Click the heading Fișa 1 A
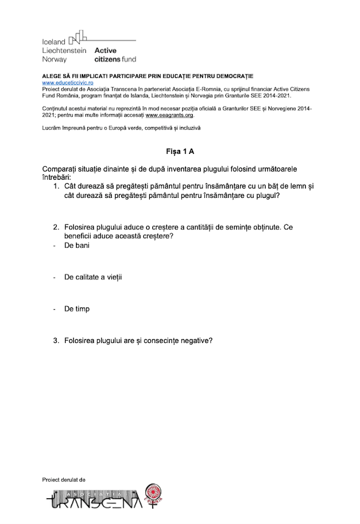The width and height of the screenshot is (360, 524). (x=180, y=151)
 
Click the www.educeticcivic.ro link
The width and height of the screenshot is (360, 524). (x=67, y=83)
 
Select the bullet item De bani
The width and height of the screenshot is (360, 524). (x=77, y=245)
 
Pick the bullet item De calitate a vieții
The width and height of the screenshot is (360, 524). (x=93, y=276)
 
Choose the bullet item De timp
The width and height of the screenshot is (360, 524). (x=77, y=308)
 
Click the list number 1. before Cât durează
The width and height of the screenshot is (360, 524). (x=56, y=186)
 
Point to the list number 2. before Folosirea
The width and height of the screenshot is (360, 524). (x=56, y=227)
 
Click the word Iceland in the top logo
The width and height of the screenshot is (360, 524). (x=54, y=43)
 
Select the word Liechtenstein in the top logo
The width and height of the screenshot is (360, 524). (x=64, y=51)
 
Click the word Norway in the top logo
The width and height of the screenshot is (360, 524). (x=54, y=59)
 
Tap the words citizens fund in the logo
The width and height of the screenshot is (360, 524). (x=115, y=59)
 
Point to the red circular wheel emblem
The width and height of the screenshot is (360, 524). (x=153, y=494)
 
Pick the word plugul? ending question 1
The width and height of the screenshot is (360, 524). (x=265, y=196)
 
